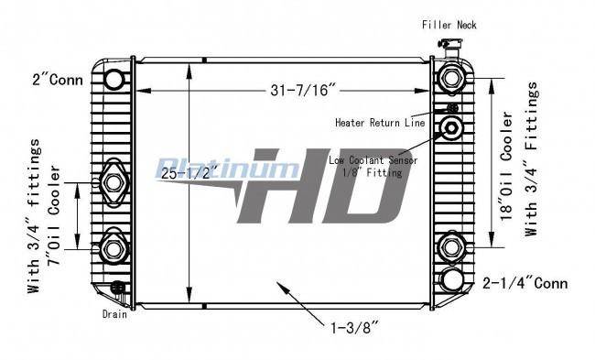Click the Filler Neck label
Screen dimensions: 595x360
(x=449, y=25)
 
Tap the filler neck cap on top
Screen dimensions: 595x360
(x=450, y=43)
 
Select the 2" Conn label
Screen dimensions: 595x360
(x=58, y=80)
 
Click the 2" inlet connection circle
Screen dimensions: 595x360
(x=114, y=80)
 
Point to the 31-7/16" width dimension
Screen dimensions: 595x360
(x=304, y=90)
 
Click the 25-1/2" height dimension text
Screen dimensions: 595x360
(x=189, y=173)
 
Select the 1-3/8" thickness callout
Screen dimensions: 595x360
(x=355, y=327)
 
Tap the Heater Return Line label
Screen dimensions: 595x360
(x=380, y=123)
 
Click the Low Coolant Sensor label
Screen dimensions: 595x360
(x=373, y=160)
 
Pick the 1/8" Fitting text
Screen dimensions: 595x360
(x=372, y=173)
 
